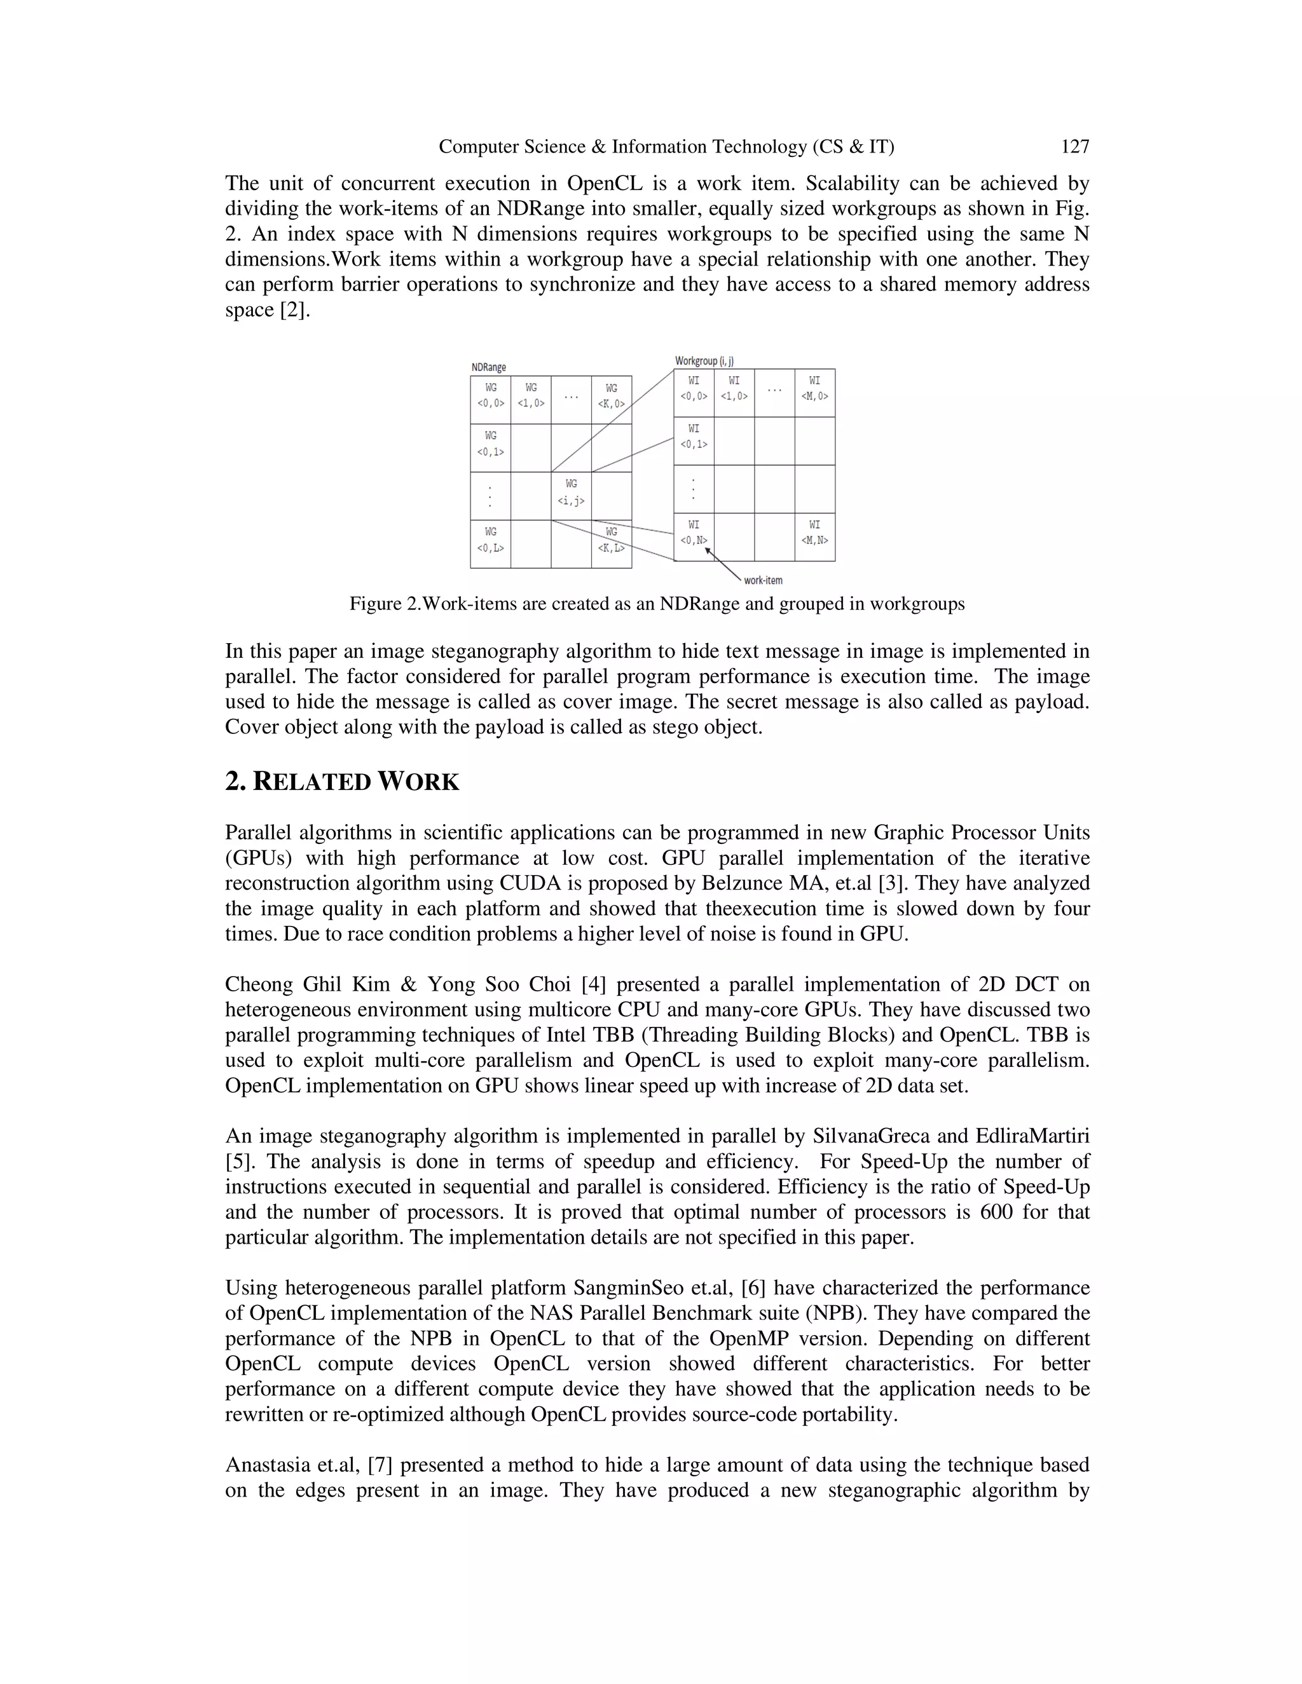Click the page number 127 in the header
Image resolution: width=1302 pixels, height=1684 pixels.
tap(1074, 147)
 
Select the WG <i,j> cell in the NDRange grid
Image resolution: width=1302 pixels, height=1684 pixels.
tap(571, 492)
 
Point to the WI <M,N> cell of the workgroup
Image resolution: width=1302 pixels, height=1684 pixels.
tap(814, 533)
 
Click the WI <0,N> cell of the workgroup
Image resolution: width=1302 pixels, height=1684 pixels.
tap(694, 533)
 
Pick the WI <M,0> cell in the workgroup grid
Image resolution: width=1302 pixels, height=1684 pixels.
tap(814, 389)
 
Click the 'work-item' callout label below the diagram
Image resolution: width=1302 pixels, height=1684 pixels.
tap(763, 580)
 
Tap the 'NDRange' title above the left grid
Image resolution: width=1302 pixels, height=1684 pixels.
tap(488, 367)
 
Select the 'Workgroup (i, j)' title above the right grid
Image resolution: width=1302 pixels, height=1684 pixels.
tap(704, 360)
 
